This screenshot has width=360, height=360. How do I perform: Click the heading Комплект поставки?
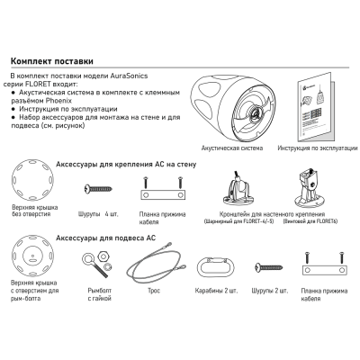pos(52,61)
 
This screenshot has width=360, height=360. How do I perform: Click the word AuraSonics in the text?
pos(129,76)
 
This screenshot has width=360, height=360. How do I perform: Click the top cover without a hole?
pos(32,180)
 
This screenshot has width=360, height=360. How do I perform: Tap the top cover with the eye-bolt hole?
pos(32,256)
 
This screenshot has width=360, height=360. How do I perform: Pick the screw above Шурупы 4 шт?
pos(98,189)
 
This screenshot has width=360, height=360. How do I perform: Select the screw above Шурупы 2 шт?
pos(268,266)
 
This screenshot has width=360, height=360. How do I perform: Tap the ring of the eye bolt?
pos(88,258)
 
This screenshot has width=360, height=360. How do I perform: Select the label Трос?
pos(154,291)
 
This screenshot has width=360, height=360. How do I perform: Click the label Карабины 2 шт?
pos(216,291)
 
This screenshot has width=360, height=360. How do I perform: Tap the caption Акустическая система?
pos(232,148)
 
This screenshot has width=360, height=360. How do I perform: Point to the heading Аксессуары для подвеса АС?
pos(106,238)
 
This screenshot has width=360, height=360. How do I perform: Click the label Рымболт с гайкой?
pos(100,294)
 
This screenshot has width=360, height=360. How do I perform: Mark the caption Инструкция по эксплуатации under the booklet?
pos(318,148)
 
